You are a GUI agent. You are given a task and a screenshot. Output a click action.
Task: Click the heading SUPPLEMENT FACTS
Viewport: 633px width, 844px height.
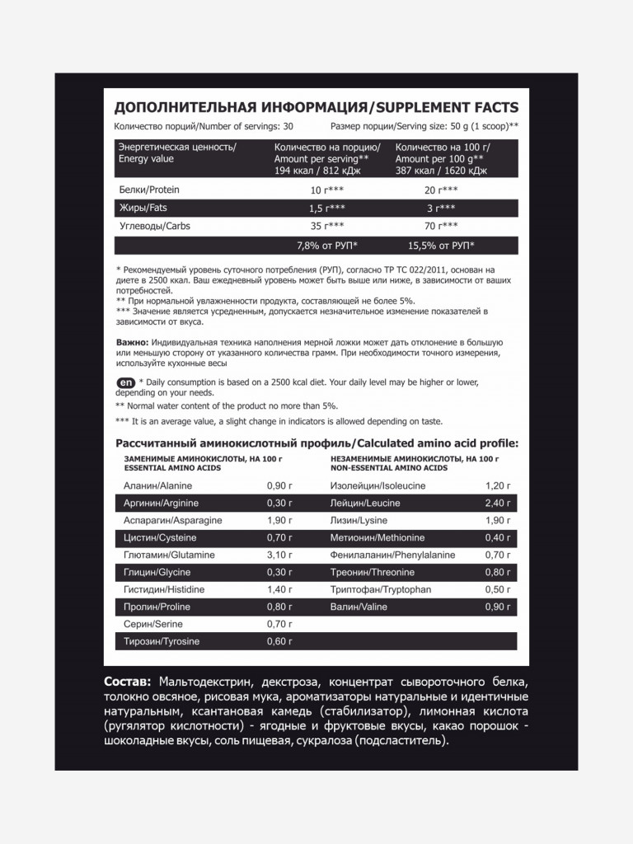(447, 108)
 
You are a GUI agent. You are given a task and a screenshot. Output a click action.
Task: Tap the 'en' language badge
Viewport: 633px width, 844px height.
(125, 382)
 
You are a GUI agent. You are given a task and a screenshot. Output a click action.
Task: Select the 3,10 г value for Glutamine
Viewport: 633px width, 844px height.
(279, 556)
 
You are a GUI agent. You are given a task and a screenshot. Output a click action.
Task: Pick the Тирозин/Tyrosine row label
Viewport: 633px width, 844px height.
(161, 642)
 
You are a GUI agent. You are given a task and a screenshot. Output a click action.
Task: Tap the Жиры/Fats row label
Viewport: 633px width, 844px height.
(143, 208)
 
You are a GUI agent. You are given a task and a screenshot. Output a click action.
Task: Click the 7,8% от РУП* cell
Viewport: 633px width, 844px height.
(326, 246)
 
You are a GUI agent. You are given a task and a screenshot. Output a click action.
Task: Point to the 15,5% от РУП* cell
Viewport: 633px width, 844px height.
(441, 246)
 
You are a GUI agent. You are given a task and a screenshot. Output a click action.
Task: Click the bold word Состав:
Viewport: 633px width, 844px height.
(128, 683)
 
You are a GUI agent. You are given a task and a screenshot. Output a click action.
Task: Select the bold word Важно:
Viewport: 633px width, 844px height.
(133, 342)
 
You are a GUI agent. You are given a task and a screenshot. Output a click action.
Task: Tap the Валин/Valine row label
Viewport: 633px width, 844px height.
(359, 607)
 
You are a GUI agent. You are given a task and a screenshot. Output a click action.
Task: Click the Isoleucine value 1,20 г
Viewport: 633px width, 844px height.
(499, 486)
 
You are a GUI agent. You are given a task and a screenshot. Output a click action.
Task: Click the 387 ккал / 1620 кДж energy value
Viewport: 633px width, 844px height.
(442, 171)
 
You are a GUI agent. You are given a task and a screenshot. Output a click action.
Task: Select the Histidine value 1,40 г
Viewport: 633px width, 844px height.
(279, 590)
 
